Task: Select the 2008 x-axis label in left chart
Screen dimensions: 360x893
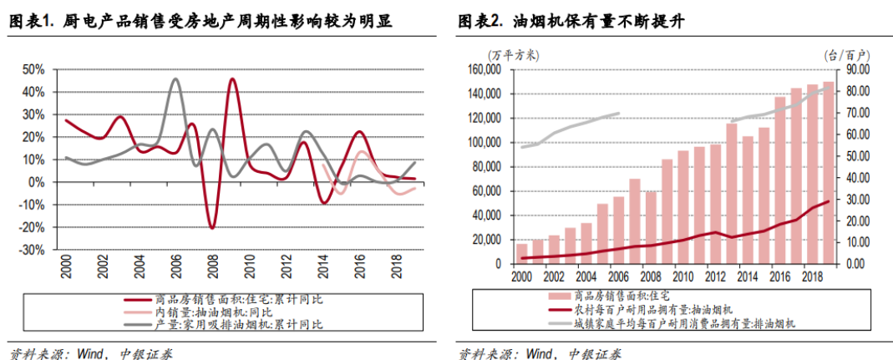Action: click(x=213, y=269)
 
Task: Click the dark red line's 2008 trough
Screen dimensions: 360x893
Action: click(x=212, y=227)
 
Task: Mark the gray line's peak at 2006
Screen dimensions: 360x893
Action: click(x=175, y=80)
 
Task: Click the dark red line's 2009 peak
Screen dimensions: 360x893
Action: click(x=231, y=80)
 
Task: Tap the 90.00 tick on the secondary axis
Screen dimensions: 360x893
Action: click(x=857, y=69)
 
